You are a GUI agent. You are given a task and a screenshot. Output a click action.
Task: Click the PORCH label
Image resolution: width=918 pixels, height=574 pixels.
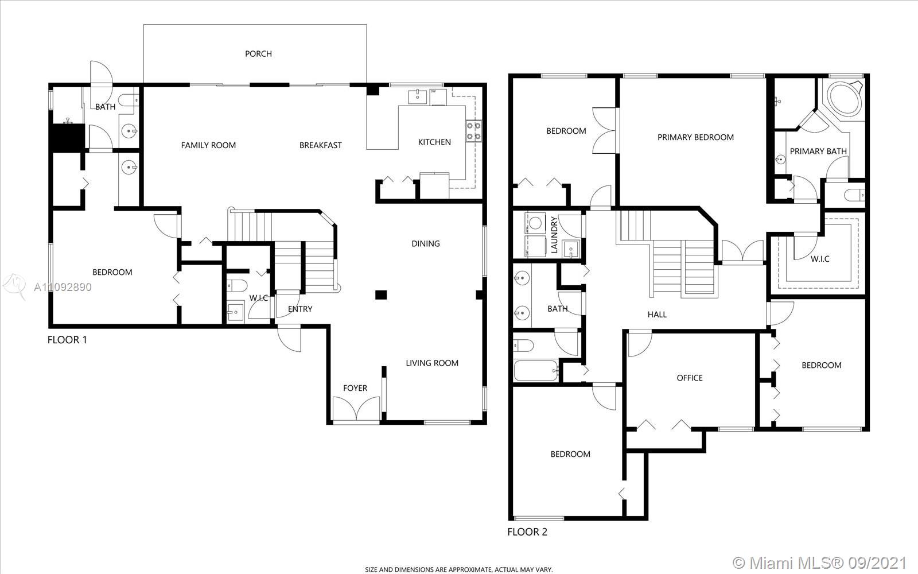(258, 54)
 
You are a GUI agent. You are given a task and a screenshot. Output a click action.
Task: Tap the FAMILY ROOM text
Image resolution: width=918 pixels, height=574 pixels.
(208, 145)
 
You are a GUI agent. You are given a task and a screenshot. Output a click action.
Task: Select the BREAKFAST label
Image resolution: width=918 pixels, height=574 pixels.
(321, 145)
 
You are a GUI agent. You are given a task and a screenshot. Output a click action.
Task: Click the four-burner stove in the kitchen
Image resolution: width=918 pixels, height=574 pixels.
(473, 131)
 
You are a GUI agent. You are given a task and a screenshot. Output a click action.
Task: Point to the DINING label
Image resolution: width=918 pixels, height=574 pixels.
(425, 243)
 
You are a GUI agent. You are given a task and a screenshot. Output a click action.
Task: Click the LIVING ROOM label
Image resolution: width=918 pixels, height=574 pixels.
(432, 363)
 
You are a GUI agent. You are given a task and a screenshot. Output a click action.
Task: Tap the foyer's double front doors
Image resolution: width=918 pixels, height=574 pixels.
(356, 408)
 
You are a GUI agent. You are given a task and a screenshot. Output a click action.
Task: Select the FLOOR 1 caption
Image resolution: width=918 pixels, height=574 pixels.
(67, 340)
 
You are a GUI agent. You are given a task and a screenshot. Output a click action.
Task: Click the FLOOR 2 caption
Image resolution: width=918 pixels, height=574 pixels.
(527, 532)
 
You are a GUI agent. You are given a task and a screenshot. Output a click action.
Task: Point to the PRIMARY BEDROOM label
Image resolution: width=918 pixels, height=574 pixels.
(695, 137)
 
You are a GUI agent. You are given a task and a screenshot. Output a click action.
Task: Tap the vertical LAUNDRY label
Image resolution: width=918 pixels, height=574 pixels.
(554, 235)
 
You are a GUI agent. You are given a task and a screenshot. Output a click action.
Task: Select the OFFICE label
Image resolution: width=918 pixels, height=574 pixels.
(689, 378)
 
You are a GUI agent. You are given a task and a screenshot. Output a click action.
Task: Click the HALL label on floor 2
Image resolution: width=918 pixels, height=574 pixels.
(657, 315)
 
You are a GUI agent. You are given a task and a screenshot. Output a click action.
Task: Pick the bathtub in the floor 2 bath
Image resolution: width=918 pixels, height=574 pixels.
(536, 371)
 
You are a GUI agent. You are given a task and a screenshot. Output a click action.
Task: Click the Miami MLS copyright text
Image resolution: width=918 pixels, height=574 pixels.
(819, 562)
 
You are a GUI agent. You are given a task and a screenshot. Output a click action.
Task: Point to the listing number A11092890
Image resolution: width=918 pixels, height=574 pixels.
(63, 287)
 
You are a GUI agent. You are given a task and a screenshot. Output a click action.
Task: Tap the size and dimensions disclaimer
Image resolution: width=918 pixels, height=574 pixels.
(458, 569)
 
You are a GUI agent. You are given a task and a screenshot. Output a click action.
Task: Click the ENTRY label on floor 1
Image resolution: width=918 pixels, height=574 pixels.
(300, 309)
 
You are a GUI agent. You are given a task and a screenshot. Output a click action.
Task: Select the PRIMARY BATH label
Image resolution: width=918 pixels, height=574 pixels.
(818, 152)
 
